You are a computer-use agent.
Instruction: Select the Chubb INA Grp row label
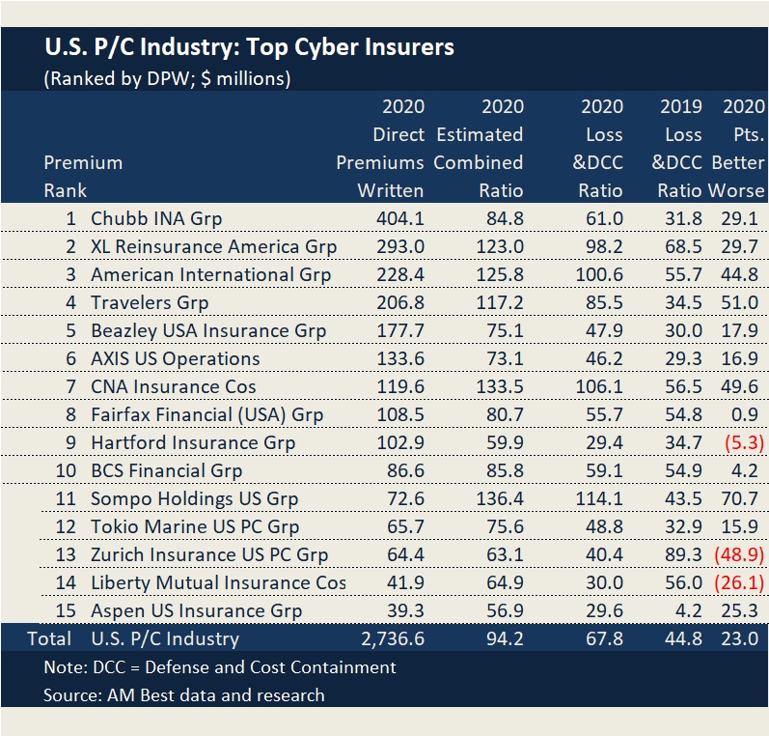click(156, 218)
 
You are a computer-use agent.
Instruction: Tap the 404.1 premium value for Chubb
click(398, 218)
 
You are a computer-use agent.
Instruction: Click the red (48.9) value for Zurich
click(738, 554)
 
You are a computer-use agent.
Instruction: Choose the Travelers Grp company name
click(150, 302)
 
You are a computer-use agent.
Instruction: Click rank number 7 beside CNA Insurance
click(70, 386)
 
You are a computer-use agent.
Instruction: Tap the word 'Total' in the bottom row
click(50, 638)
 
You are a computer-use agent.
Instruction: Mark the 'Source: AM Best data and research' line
click(183, 694)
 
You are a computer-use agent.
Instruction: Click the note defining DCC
click(220, 666)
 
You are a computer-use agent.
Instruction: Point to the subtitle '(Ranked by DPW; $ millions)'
click(167, 78)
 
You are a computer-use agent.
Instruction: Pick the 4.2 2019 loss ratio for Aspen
click(685, 610)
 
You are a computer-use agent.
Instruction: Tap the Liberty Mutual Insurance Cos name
click(218, 582)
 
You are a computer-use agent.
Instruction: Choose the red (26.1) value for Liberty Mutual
click(738, 582)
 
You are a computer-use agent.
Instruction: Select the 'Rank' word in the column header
click(65, 190)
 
